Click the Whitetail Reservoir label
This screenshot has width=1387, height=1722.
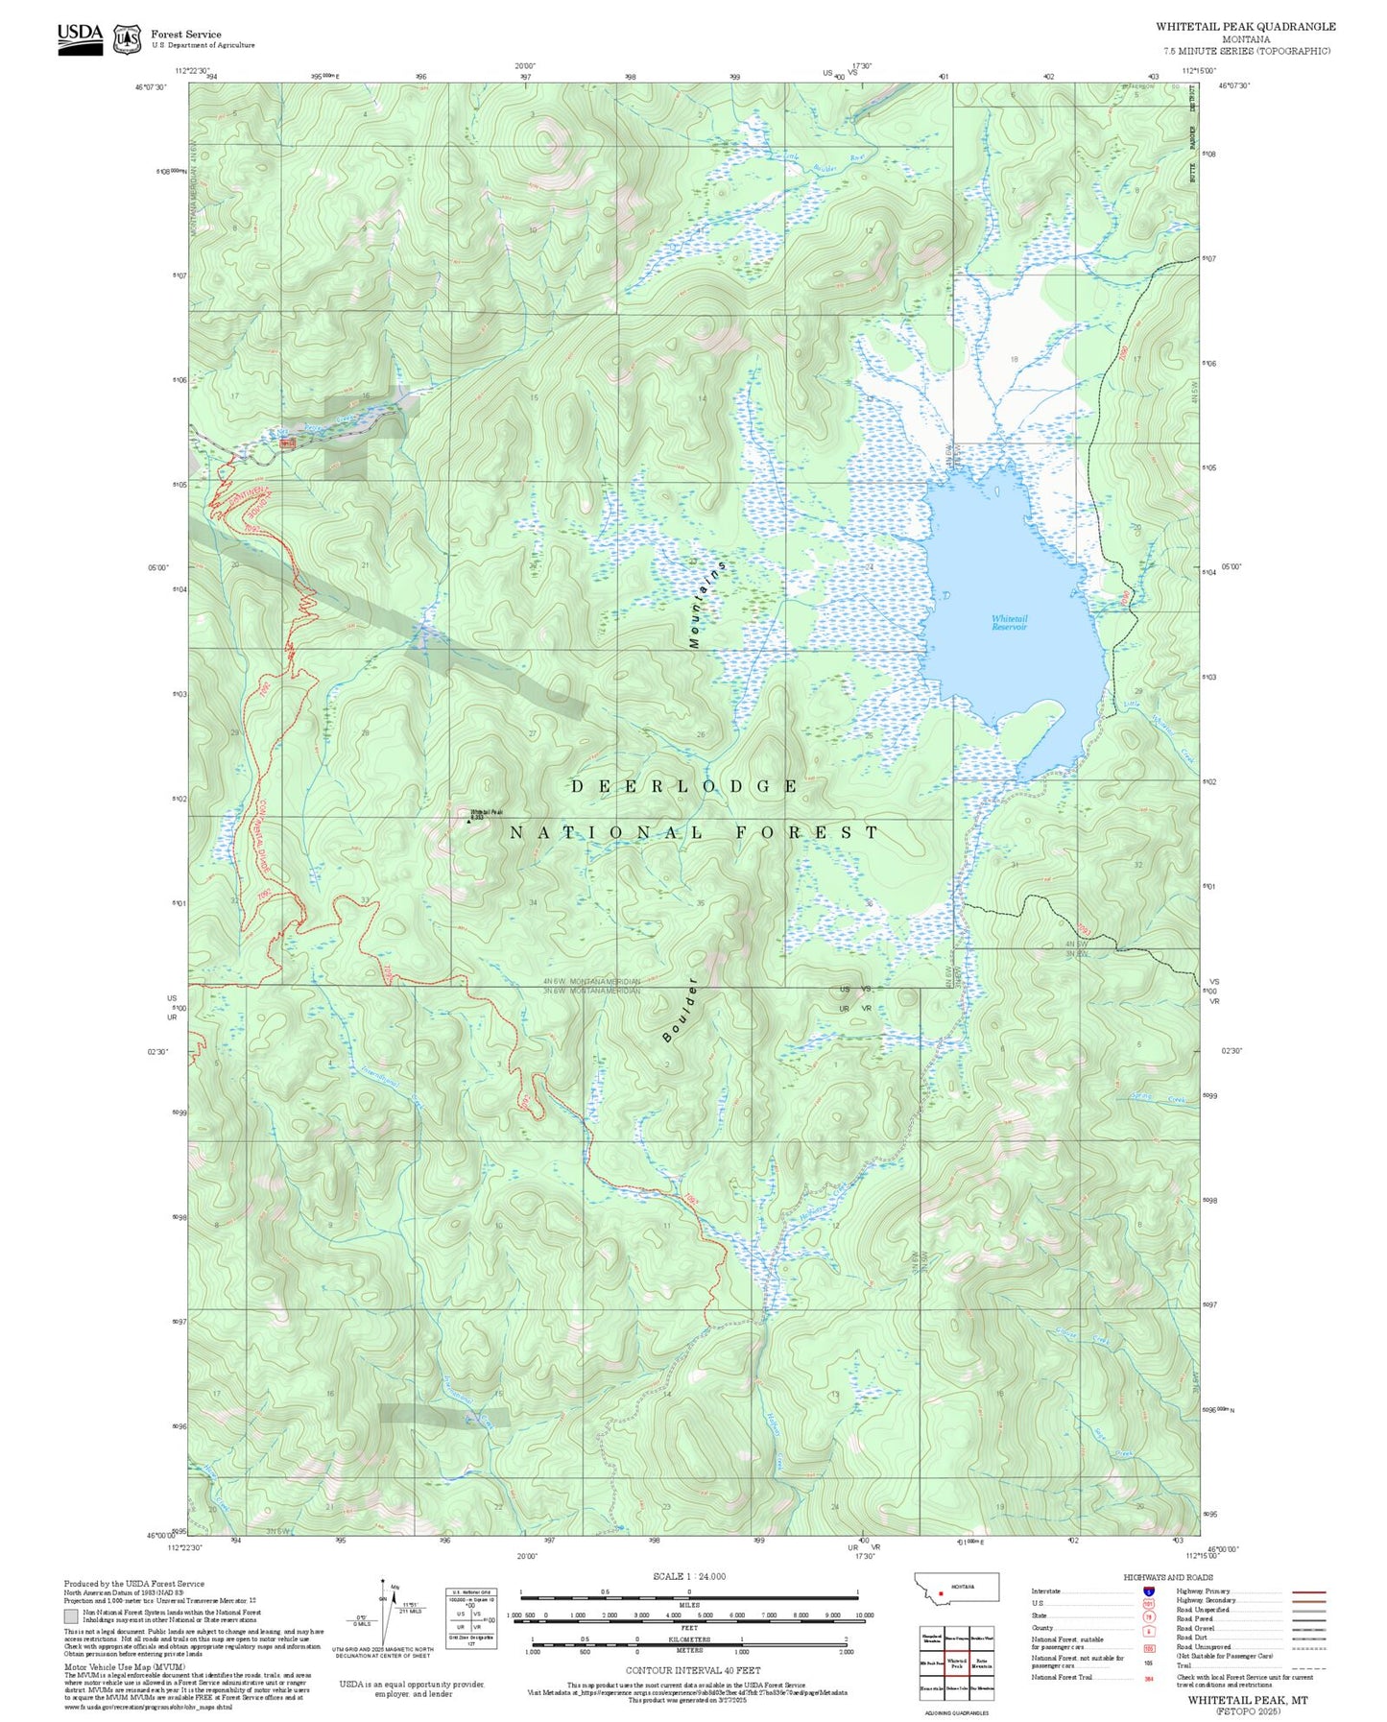[x=1009, y=623]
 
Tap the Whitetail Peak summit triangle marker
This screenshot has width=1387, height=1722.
[x=468, y=821]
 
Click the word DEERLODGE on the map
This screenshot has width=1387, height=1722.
[x=683, y=786]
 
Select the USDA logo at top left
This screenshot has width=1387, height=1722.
[x=80, y=38]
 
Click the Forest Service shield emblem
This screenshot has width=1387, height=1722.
[x=127, y=39]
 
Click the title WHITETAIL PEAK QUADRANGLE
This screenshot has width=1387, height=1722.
[x=1245, y=26]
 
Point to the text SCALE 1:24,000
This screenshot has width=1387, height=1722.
[x=688, y=1576]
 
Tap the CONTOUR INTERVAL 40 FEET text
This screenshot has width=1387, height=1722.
[x=688, y=1671]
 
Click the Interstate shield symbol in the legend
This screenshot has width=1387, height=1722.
[x=1148, y=1591]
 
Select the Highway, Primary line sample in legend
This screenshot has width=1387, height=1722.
[x=1308, y=1591]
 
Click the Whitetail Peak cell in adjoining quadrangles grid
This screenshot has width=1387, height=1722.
[x=956, y=1663]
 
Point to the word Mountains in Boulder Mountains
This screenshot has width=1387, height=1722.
[x=707, y=605]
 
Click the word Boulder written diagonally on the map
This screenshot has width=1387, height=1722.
[x=680, y=1011]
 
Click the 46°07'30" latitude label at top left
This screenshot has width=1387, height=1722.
[x=151, y=86]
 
